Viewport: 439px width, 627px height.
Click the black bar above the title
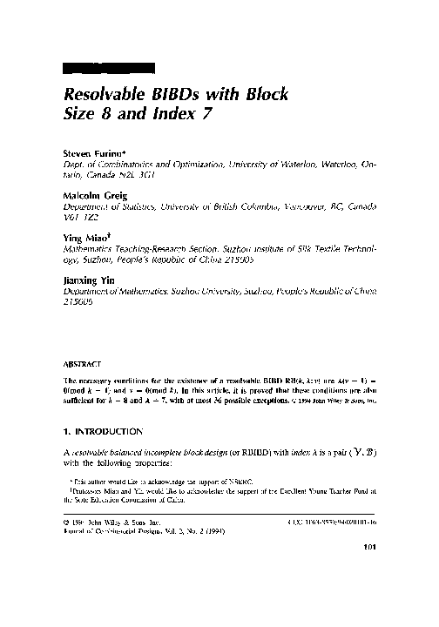tap(110, 67)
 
